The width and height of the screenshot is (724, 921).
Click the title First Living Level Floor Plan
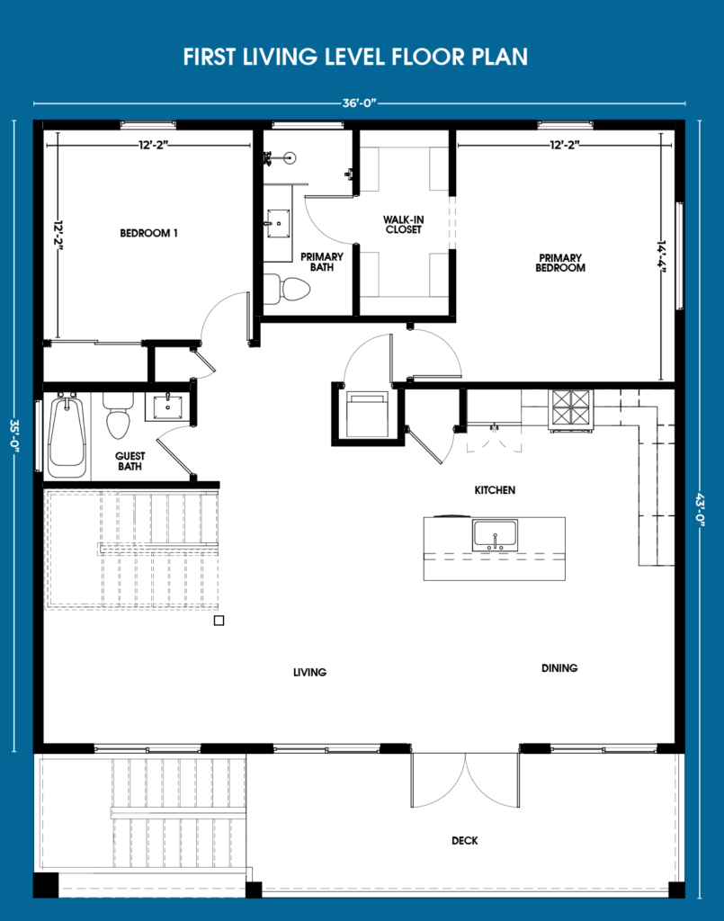(355, 57)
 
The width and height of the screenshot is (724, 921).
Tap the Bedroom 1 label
(148, 233)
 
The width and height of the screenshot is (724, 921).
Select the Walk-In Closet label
(404, 224)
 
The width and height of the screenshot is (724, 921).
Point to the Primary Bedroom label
(560, 263)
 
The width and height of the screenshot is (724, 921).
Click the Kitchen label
(495, 490)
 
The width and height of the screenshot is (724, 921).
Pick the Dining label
(559, 668)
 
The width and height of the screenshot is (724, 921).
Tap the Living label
(310, 672)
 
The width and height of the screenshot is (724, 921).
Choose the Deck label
(464, 841)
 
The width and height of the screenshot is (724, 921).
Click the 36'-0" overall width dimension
(359, 103)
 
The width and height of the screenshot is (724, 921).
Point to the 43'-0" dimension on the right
(700, 510)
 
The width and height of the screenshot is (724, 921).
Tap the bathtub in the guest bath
(67, 436)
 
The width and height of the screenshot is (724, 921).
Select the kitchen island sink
(495, 535)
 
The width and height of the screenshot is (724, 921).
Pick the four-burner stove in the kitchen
(570, 407)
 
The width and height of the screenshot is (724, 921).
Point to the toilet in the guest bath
(118, 416)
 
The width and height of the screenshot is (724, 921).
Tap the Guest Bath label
(130, 461)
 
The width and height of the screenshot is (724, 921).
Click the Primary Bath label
(322, 262)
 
